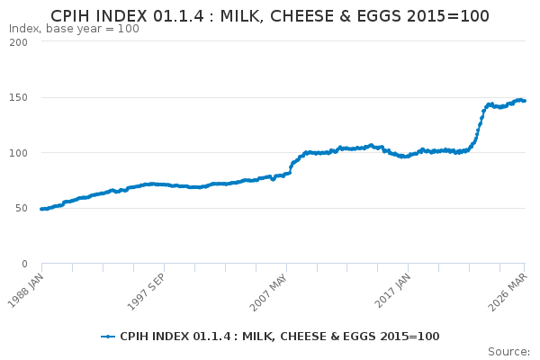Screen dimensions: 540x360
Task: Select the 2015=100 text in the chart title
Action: [447, 16]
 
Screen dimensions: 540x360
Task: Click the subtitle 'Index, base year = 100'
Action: [74, 29]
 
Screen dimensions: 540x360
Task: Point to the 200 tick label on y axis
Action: [19, 42]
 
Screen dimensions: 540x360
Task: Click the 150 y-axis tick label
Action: [19, 98]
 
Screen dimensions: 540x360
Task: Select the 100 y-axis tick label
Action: [19, 153]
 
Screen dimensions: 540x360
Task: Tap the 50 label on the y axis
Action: [22, 209]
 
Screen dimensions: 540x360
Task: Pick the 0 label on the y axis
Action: [24, 264]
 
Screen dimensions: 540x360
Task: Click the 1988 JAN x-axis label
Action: [26, 290]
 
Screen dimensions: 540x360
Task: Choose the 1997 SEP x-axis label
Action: [147, 292]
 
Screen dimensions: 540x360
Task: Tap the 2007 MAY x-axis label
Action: [268, 292]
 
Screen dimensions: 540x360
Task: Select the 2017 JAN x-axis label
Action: [392, 290]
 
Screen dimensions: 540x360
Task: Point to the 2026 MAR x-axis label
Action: [508, 292]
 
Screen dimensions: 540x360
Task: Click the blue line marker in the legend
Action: [108, 337]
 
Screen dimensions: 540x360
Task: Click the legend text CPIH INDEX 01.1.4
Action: [175, 337]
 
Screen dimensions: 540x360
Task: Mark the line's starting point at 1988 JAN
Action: [41, 209]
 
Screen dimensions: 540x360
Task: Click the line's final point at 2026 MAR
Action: [524, 101]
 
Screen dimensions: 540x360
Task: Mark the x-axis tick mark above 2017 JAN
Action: [408, 267]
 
